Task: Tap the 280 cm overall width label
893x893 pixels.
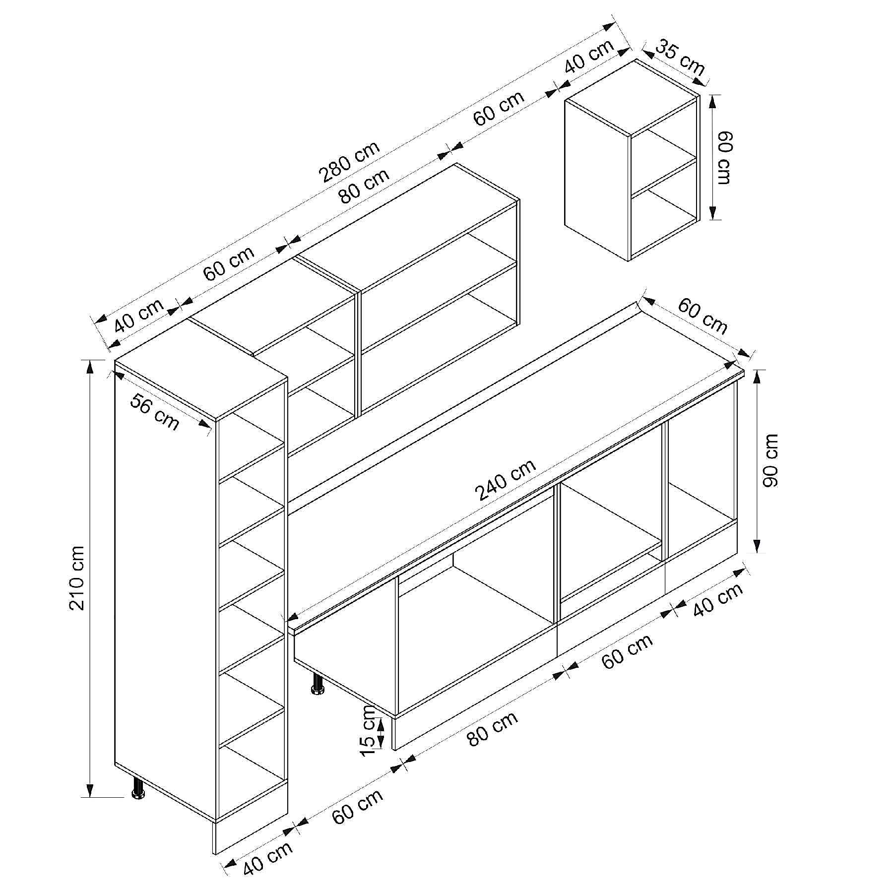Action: [x=350, y=161]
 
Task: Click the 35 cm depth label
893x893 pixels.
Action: [x=680, y=58]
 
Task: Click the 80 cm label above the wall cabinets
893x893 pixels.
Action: [x=365, y=187]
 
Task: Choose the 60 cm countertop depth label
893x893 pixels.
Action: [x=702, y=316]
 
